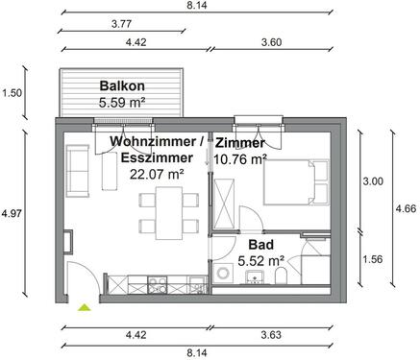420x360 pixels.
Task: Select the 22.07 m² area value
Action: [x=156, y=174]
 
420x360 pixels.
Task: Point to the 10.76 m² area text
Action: [x=239, y=159]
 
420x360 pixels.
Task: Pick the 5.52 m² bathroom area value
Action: [x=259, y=259]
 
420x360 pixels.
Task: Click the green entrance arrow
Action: [x=84, y=307]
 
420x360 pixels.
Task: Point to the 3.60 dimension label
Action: [x=273, y=41]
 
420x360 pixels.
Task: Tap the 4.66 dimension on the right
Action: [x=407, y=207]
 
